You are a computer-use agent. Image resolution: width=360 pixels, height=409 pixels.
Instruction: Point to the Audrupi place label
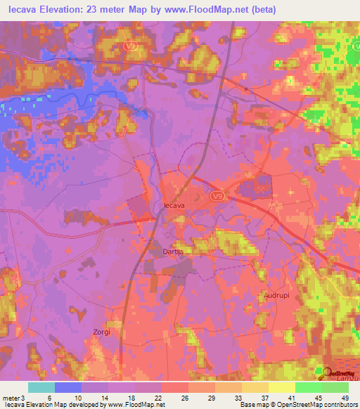(276, 296)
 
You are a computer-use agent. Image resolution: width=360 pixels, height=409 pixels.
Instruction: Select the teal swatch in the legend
(41, 387)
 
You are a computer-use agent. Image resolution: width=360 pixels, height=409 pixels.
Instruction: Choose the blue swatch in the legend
(68, 387)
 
